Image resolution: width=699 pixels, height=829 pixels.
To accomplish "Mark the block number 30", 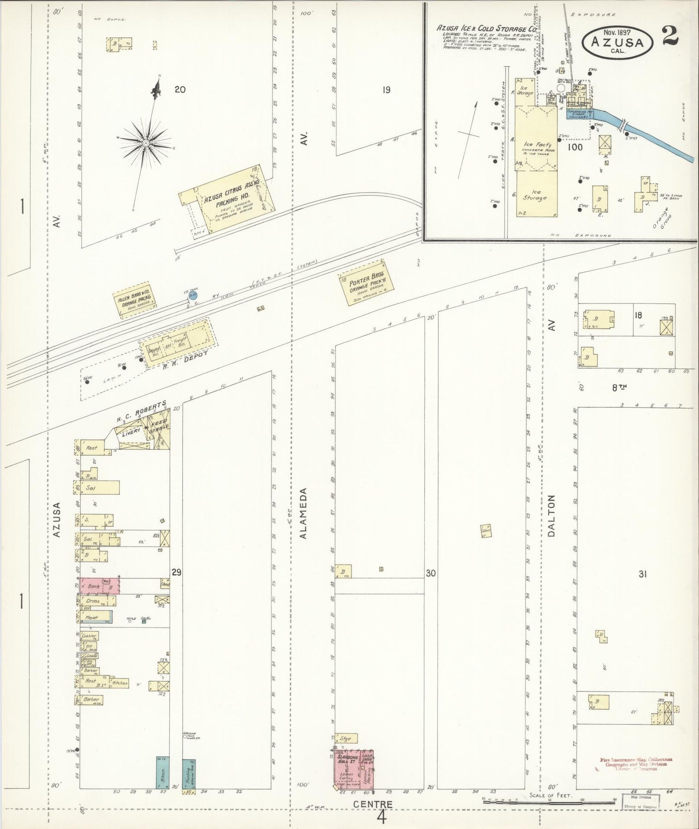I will [x=431, y=573].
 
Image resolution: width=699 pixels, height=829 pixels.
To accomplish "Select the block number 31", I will [x=643, y=574].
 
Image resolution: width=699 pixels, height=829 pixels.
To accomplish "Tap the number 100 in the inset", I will [x=575, y=147].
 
